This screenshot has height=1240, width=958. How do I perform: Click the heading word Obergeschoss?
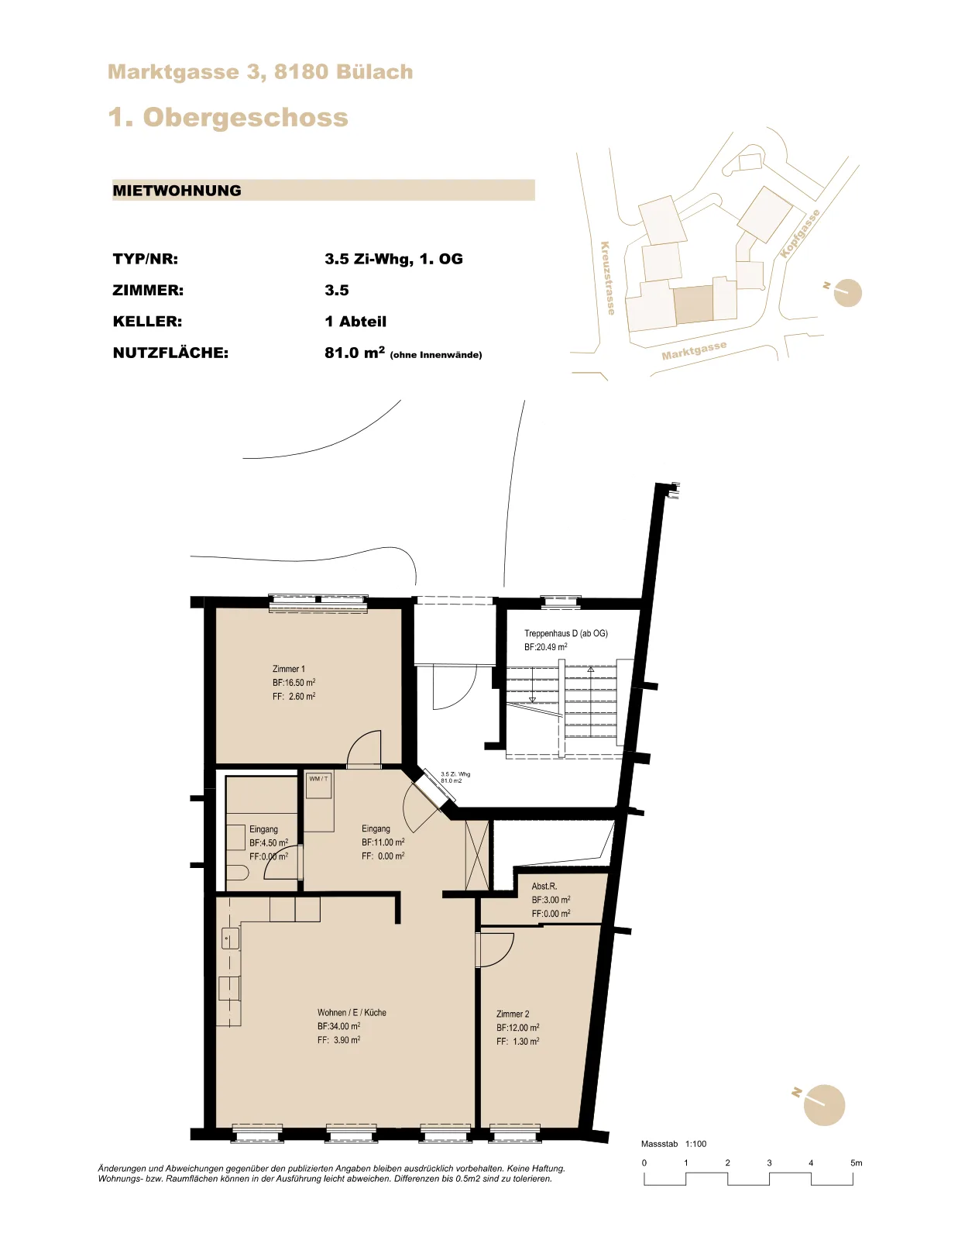[246, 118]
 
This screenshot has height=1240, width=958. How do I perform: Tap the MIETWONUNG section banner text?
[177, 191]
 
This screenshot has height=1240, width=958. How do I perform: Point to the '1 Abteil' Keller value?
[355, 322]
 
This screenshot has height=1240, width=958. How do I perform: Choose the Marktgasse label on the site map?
[694, 350]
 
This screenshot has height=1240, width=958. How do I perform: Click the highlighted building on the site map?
[693, 305]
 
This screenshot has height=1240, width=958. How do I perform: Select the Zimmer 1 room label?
[289, 669]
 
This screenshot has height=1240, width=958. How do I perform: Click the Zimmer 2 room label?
[513, 1014]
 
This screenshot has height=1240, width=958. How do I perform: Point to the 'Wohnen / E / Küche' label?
[352, 1012]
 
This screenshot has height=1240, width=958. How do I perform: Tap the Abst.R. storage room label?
[544, 886]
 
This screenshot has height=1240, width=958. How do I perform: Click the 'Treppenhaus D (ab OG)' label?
[565, 633]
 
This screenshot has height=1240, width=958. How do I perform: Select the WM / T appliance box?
[319, 786]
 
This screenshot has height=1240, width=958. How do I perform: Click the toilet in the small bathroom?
[237, 874]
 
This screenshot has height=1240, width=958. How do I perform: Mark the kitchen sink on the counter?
[230, 938]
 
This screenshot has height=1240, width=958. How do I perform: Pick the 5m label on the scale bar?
[856, 1162]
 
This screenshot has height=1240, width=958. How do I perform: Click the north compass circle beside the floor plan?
[824, 1104]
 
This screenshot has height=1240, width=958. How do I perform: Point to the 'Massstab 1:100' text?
[674, 1144]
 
